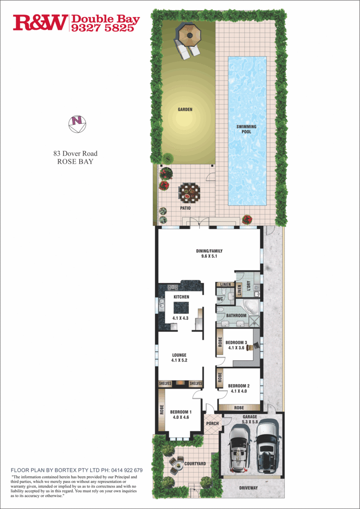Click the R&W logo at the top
pos(40,22)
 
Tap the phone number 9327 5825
pos(105,28)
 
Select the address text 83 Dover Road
pos(75,154)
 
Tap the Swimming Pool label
pos(247,129)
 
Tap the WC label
pos(219,300)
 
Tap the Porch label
pos(212,423)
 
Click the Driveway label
pos(248,488)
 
